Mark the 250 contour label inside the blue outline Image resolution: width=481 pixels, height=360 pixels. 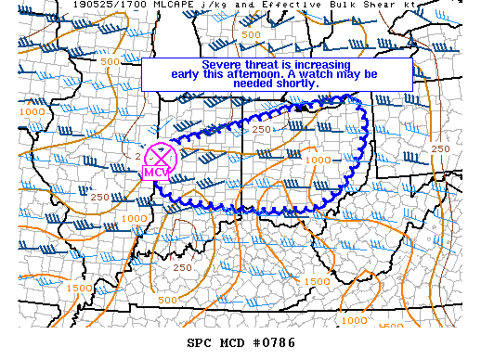(261, 129)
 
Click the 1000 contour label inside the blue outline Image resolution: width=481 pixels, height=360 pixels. (317, 161)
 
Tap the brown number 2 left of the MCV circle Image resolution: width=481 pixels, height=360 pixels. (138, 156)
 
